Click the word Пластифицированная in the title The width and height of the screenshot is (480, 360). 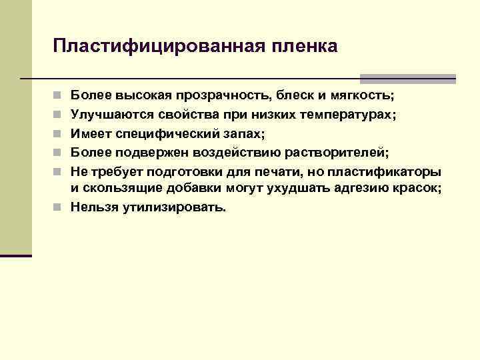(x=159, y=46)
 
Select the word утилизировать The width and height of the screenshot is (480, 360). (x=174, y=207)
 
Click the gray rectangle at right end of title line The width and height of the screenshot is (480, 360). (x=407, y=78)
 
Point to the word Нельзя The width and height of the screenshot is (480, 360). (x=94, y=207)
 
